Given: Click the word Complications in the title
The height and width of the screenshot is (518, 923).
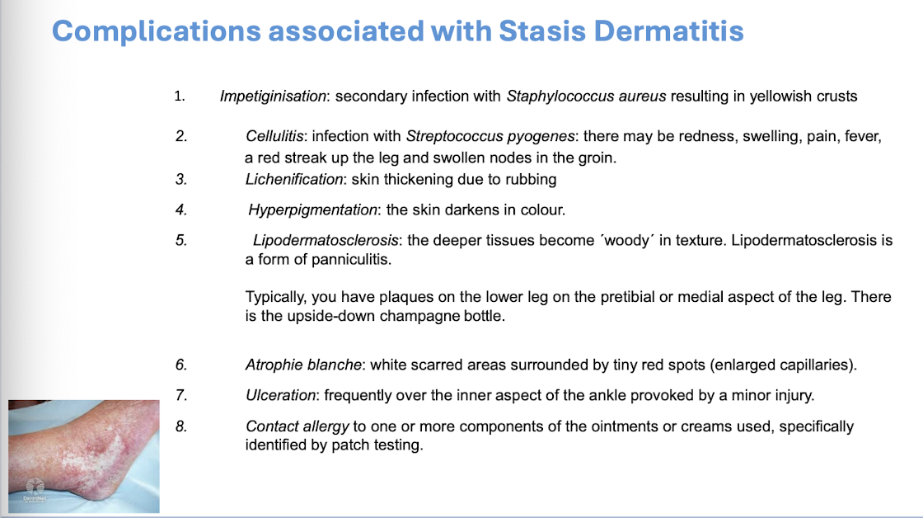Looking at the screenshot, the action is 156,31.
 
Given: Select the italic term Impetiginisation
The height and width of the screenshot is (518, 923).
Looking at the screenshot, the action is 273,96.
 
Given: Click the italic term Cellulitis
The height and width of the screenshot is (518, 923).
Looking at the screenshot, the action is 274,136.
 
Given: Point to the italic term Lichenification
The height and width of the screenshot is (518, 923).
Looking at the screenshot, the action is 294,179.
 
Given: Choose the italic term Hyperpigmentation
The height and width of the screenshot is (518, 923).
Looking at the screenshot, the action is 312,210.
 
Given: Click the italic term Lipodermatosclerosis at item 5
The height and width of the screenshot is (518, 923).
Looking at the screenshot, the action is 326,240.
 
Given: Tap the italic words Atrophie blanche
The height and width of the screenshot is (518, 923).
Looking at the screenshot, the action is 303,365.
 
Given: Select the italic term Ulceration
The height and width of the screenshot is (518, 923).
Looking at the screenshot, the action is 281,395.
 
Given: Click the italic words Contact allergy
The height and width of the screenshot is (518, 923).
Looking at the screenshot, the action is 298,426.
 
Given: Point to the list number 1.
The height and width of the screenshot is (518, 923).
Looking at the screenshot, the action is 180,96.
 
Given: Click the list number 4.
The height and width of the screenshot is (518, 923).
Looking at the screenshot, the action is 181,210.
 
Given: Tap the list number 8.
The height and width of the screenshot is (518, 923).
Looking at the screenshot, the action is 181,426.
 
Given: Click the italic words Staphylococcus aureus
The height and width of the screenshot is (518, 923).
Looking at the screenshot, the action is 586,96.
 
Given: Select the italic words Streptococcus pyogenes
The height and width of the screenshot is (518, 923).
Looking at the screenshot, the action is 490,136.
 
